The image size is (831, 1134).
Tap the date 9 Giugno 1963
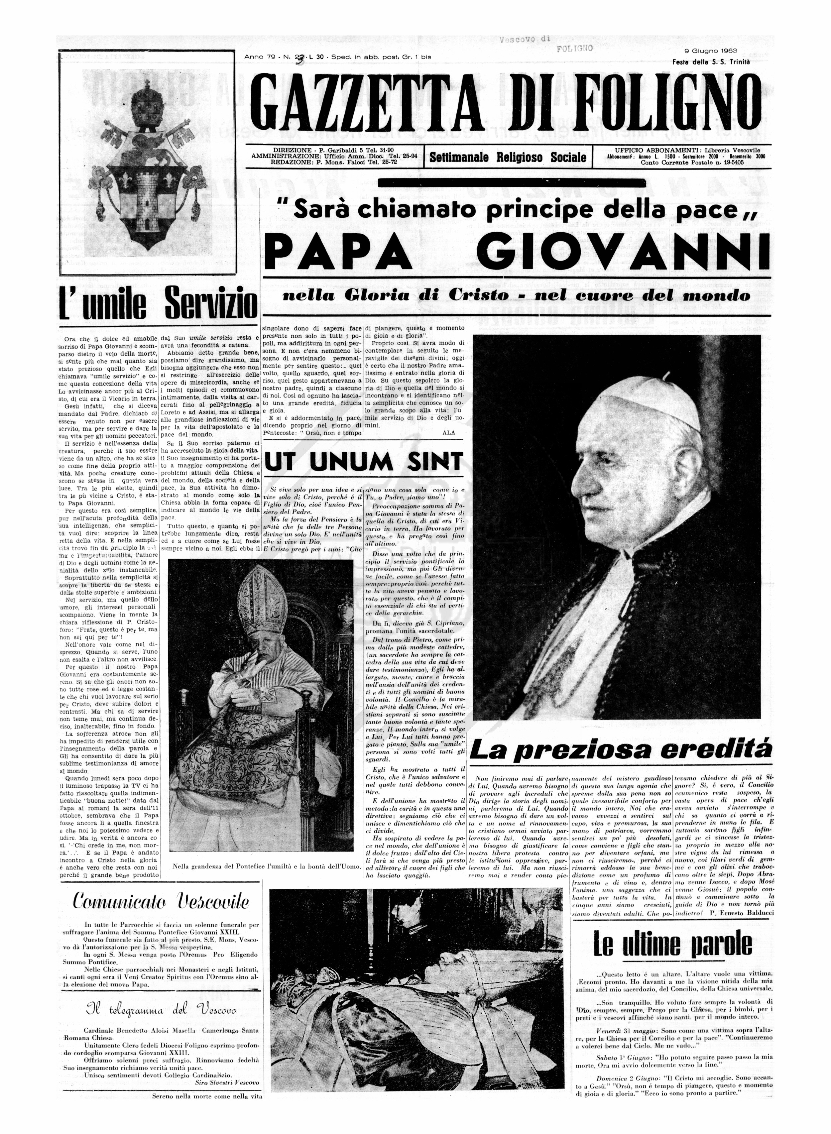(710, 51)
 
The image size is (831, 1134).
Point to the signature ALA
(448, 432)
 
